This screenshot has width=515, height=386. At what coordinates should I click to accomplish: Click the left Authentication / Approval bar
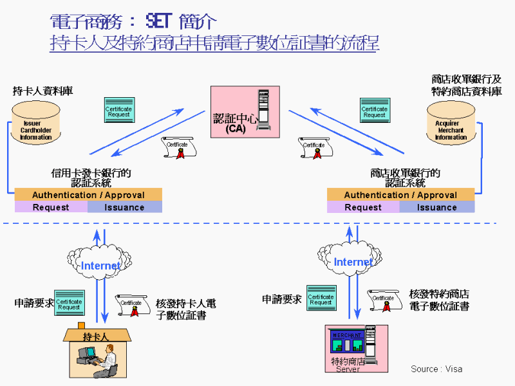coord(88,194)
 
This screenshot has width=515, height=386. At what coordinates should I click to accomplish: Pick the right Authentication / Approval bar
coord(400,194)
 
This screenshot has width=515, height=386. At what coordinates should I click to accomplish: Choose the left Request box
coord(51,207)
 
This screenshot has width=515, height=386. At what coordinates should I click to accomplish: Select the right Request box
coord(363,207)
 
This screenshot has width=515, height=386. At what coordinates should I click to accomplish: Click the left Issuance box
coord(124,207)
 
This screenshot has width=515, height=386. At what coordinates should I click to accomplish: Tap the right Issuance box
coord(436,207)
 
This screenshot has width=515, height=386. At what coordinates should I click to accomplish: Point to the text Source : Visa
coord(436,369)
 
